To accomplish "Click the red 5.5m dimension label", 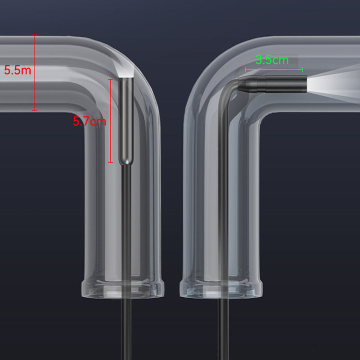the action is click(18, 70).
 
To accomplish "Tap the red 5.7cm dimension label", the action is click(90, 121).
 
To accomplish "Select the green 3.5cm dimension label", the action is click(272, 60).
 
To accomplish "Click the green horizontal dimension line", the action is click(274, 69).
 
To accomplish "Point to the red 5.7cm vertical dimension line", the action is click(110, 121).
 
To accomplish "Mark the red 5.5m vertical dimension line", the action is click(34, 72).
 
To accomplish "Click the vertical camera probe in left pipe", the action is click(126, 121).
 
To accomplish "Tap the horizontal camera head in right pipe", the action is click(272, 84).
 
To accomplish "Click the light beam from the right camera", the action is click(333, 84).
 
